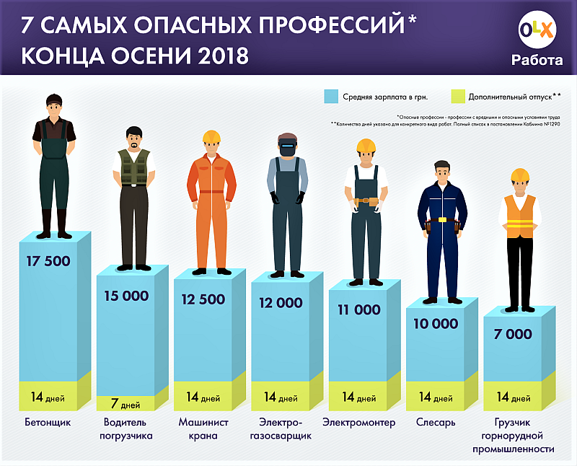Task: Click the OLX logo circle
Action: [x=536, y=32]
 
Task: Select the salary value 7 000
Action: [x=513, y=334]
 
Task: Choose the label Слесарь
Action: [x=435, y=423]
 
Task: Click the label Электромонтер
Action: [x=358, y=423]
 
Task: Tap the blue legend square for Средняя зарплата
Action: [x=332, y=96]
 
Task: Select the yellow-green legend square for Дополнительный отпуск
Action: [x=457, y=96]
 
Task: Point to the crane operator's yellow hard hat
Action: [x=211, y=136]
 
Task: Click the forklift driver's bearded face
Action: [x=133, y=139]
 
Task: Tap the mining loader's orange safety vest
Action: [x=520, y=214]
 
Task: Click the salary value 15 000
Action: [x=125, y=296]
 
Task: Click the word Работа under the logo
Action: [x=537, y=61]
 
